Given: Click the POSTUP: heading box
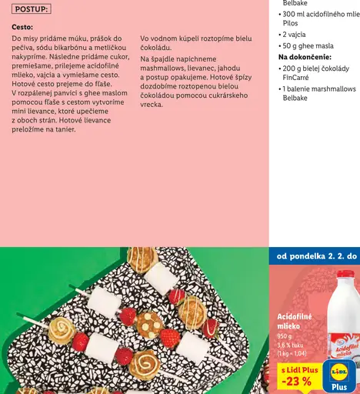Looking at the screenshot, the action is (31, 9).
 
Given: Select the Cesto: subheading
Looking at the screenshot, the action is (22, 26).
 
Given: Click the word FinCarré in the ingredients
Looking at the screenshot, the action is (295, 78).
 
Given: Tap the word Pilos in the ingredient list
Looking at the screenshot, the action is (292, 25).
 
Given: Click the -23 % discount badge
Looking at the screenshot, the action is (296, 380).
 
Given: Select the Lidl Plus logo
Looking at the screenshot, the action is (340, 376).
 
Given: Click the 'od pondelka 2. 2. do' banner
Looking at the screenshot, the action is (314, 256).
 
